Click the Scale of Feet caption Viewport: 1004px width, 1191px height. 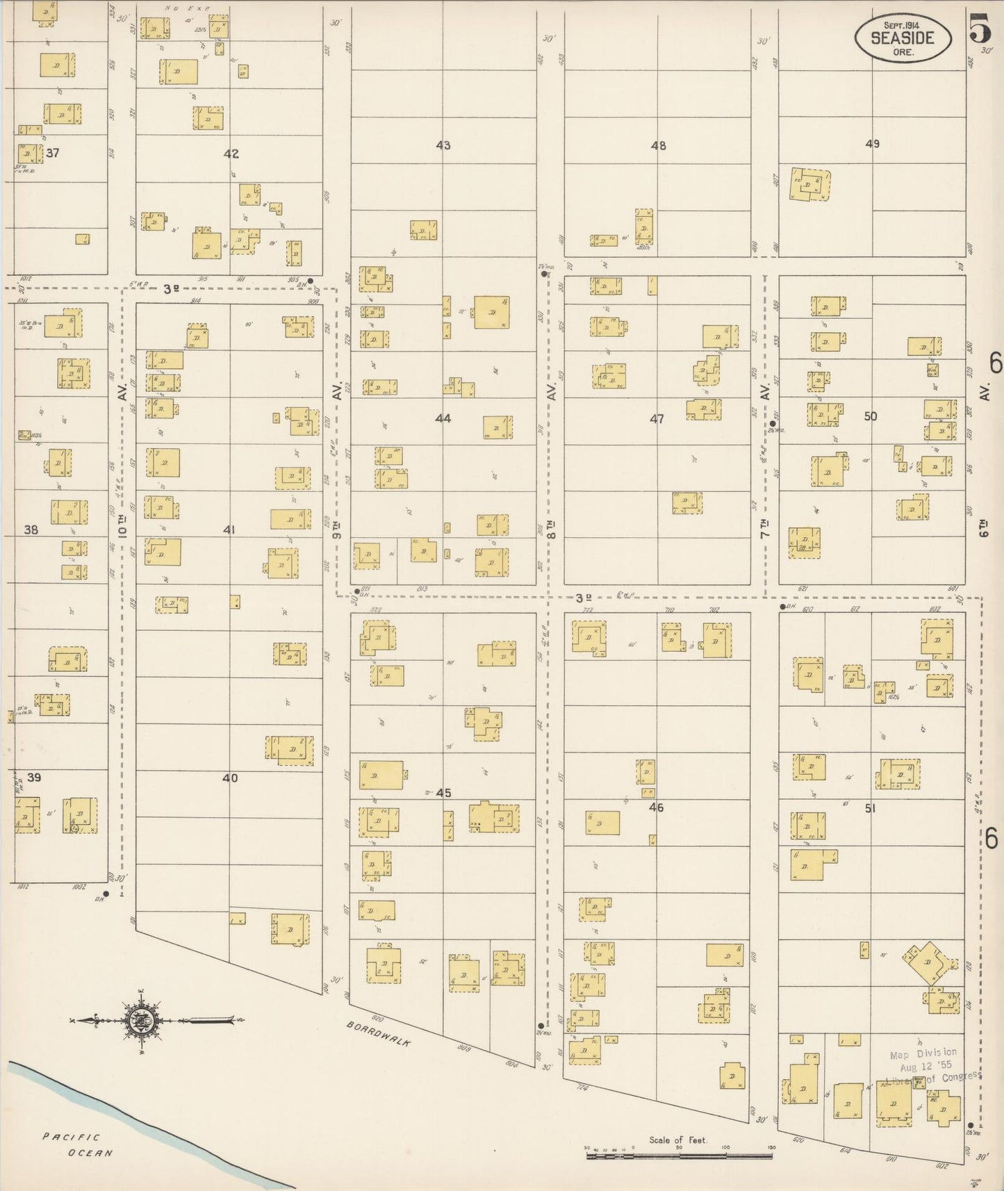(x=678, y=1140)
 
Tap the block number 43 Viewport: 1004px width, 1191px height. (x=443, y=145)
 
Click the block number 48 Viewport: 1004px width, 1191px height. (x=658, y=146)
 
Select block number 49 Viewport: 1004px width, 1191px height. (x=873, y=144)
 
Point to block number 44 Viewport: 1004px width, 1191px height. (x=443, y=418)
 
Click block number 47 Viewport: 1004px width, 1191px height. (x=657, y=419)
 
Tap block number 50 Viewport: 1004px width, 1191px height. (x=871, y=416)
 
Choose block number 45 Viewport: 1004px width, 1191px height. (x=443, y=793)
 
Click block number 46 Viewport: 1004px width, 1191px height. (x=656, y=807)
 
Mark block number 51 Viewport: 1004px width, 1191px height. (x=869, y=808)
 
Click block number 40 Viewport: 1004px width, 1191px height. (x=230, y=778)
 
